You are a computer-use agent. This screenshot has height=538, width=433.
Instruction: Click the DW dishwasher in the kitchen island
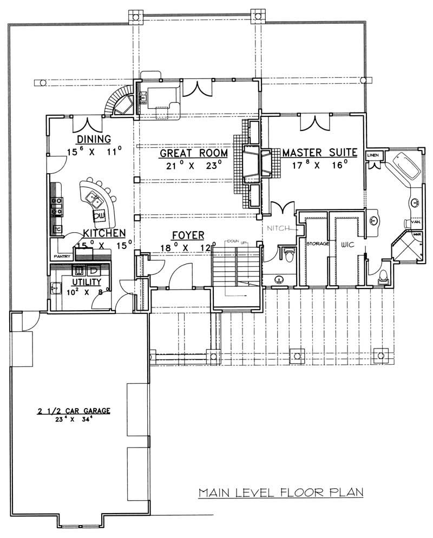(100, 216)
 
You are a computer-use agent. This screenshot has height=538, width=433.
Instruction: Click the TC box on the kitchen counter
(56, 229)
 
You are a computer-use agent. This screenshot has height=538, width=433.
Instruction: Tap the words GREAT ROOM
(193, 153)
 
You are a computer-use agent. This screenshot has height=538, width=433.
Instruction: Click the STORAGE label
(318, 244)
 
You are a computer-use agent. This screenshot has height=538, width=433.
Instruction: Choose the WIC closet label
(346, 244)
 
